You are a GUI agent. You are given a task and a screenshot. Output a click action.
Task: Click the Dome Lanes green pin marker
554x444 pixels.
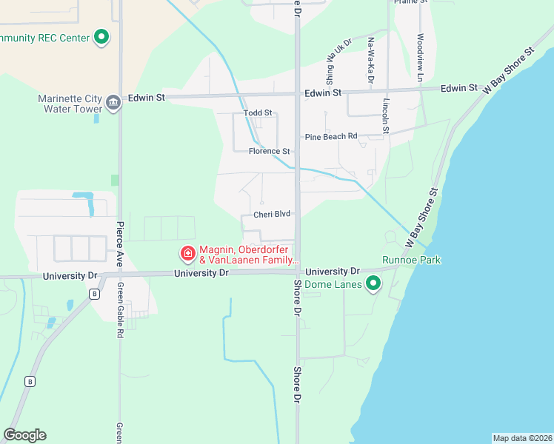pyautogui.click(x=374, y=283)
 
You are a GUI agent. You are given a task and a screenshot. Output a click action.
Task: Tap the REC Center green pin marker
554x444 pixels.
pyautogui.click(x=101, y=37)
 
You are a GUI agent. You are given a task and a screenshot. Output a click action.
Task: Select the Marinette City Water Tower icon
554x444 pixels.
pyautogui.click(x=113, y=102)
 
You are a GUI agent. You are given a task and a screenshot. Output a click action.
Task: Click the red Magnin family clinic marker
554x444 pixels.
pyautogui.click(x=188, y=254)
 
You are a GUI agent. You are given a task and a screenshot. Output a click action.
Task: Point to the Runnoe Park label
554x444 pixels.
pyautogui.click(x=411, y=260)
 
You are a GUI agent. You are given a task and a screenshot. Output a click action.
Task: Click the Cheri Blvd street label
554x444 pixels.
pyautogui.click(x=272, y=215)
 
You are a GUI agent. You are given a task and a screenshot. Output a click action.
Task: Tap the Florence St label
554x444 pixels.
pyautogui.click(x=270, y=151)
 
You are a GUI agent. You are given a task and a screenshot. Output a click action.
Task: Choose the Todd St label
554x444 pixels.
pyautogui.click(x=258, y=113)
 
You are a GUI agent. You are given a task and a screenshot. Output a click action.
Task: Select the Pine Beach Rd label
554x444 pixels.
pyautogui.click(x=331, y=136)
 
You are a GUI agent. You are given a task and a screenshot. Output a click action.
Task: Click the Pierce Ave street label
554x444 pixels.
pyautogui.click(x=119, y=242)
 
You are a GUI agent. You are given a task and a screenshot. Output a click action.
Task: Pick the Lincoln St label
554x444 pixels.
pyautogui.click(x=386, y=116)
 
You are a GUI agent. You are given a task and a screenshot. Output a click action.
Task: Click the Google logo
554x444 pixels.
pyautogui.click(x=24, y=434)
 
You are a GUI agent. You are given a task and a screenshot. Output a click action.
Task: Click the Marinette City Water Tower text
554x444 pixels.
pyautogui.click(x=70, y=104)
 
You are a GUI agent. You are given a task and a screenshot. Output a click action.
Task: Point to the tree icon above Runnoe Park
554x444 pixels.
pyautogui.click(x=390, y=237)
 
